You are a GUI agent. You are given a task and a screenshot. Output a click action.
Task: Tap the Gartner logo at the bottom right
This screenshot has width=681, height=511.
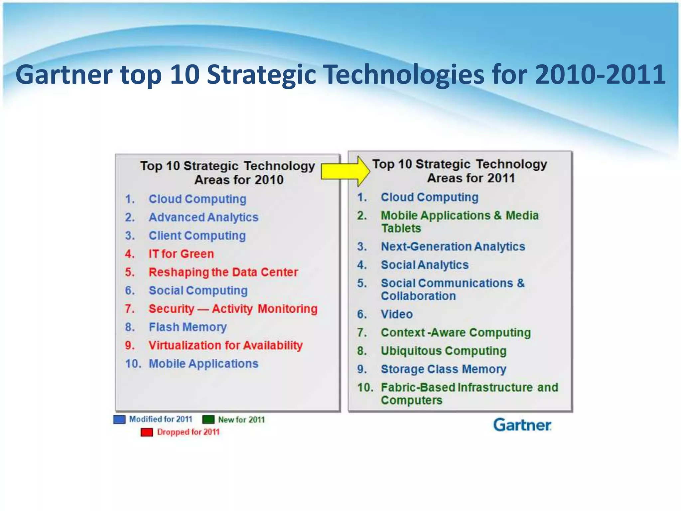coord(522,425)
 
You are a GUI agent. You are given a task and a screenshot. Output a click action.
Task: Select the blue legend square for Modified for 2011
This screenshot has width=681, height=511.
coord(119,419)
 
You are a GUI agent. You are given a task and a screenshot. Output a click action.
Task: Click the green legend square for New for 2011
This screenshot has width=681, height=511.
coord(208,419)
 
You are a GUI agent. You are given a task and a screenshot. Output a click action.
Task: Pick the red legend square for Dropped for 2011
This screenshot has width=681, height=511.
coord(147,432)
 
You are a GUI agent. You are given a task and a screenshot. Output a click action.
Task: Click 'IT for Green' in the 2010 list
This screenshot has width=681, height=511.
coord(181,254)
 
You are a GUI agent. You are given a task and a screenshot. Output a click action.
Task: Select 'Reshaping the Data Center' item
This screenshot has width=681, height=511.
coord(223,272)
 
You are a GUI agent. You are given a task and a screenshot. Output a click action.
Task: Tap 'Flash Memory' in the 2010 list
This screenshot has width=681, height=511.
coord(188,327)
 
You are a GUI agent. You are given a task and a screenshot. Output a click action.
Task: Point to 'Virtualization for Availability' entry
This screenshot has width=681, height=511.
coord(225,345)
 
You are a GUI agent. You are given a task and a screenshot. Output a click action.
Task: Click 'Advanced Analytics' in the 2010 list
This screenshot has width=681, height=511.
coord(203,217)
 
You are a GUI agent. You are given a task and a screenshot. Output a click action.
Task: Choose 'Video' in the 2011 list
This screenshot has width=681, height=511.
coord(397,314)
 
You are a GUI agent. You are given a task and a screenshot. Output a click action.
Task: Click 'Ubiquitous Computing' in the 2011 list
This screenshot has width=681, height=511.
coord(444,351)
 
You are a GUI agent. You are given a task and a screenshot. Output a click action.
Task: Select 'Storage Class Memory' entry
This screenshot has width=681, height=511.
coord(444,369)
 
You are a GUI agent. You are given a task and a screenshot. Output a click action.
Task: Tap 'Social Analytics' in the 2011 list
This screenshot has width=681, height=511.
coord(425,265)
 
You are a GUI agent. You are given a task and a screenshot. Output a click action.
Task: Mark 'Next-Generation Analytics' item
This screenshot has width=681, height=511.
coord(453,247)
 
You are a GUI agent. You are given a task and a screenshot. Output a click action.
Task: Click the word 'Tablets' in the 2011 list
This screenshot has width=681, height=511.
coord(401,228)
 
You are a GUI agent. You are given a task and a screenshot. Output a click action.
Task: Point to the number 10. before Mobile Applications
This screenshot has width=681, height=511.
coord(133,364)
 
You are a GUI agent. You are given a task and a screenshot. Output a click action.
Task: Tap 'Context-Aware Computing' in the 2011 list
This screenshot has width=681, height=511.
coord(456,332)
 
